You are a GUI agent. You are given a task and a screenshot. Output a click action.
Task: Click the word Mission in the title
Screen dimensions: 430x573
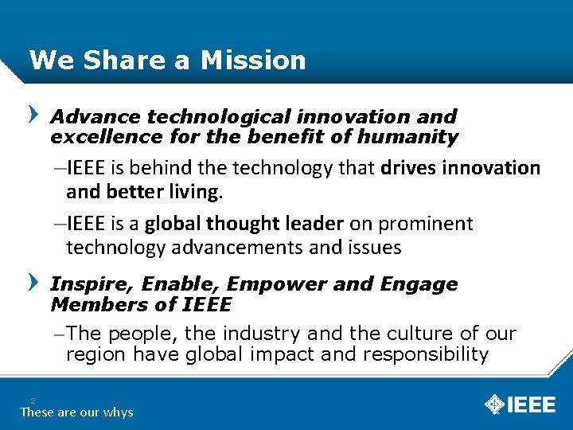[253, 61]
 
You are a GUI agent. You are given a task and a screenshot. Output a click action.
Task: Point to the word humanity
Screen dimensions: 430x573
[407, 137]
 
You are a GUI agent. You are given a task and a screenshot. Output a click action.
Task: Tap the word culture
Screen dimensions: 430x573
[432, 334]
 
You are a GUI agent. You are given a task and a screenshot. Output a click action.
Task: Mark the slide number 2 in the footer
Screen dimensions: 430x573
[33, 401]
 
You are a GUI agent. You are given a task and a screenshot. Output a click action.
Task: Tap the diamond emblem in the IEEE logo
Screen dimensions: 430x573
[495, 405]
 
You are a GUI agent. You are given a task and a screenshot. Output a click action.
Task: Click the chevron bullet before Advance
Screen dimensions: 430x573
[33, 115]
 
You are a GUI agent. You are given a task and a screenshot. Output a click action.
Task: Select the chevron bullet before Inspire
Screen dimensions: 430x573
[33, 282]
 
